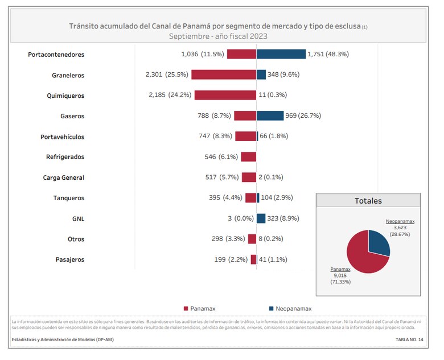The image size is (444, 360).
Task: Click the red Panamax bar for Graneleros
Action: pos(224,75)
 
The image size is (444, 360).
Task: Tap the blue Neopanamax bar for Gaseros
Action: pos(270,115)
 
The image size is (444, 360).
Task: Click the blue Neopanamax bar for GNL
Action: pos(261,218)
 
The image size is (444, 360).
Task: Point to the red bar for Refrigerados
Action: pos(249,156)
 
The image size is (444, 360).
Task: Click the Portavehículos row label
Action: pos(62,136)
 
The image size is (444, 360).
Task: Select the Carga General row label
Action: pos(63,177)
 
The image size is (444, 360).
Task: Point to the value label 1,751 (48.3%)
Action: pos(328,54)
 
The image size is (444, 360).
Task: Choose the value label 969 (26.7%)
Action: pos(303,115)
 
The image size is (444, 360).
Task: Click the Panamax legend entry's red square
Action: pos(186,308)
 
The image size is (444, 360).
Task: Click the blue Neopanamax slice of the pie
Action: pos(378,242)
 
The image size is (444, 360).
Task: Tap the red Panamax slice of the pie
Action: pos(362,256)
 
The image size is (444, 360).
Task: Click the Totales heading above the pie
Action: pos(368,201)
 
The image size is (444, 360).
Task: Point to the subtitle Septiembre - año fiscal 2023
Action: pos(218,36)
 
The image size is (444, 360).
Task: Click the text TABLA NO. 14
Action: pos(409,339)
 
